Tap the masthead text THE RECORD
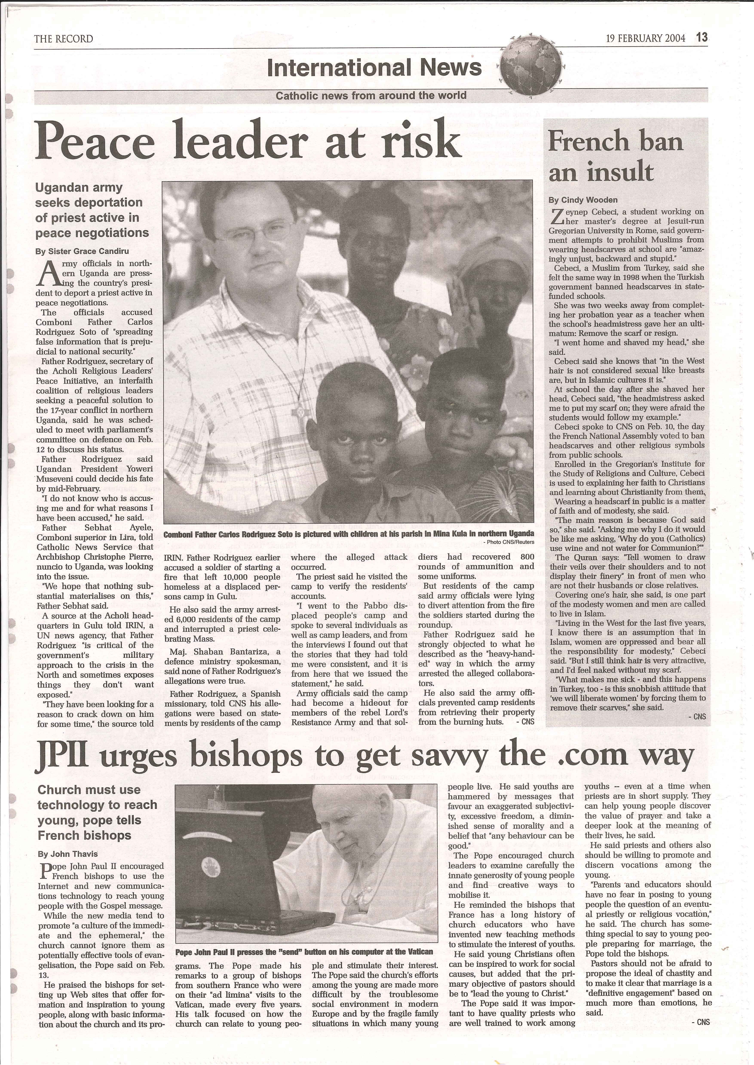[64, 39]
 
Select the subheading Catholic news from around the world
[371, 96]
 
